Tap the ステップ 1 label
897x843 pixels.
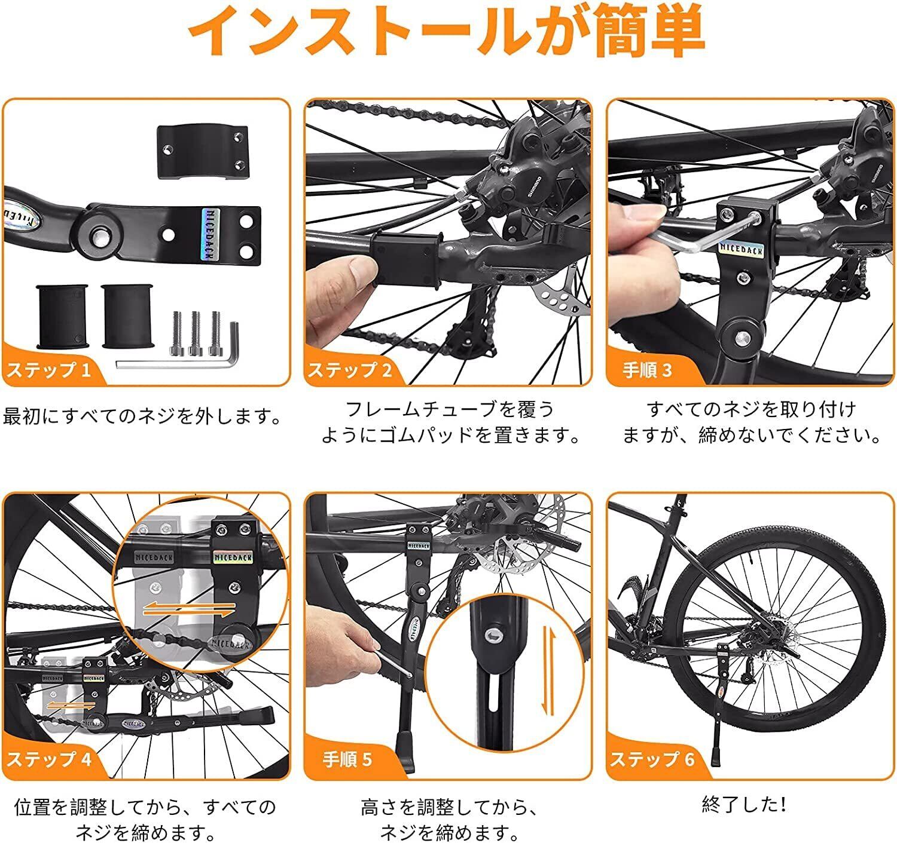click(x=49, y=370)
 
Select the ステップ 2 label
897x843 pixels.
click(x=350, y=370)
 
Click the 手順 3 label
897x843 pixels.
click(x=647, y=370)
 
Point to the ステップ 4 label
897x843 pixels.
click(x=49, y=759)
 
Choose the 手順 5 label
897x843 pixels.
click(x=347, y=759)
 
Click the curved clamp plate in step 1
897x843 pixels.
click(x=202, y=152)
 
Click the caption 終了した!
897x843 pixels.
click(x=744, y=804)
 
